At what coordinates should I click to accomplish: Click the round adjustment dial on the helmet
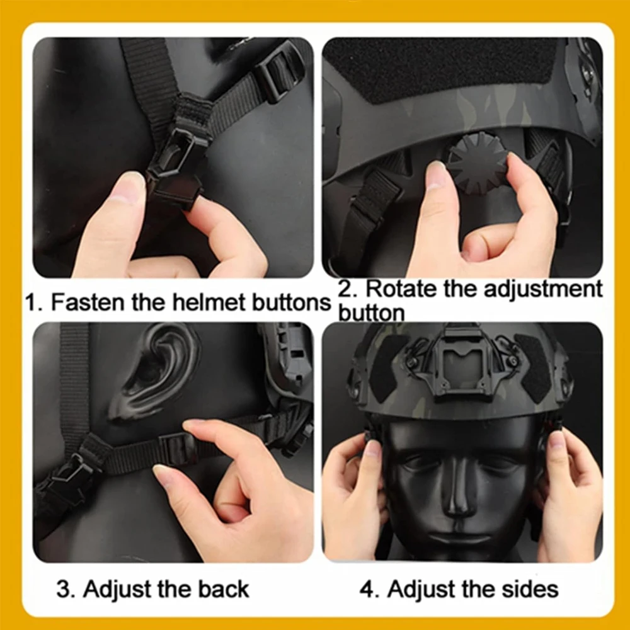[x=478, y=159]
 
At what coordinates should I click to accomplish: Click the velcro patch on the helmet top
[x=441, y=69]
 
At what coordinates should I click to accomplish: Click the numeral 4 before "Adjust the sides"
[x=367, y=589]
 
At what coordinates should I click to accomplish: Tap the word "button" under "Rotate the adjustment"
[x=371, y=312]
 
